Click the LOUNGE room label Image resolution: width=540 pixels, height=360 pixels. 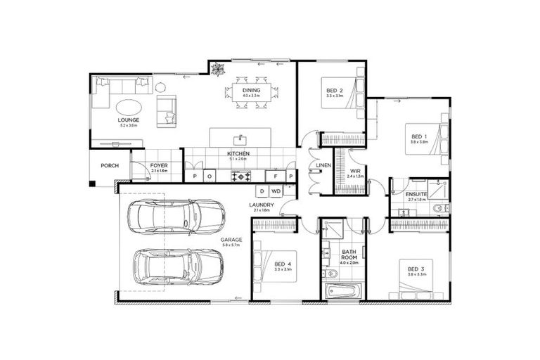coord(128,120)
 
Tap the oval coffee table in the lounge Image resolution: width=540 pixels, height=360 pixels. coord(128,107)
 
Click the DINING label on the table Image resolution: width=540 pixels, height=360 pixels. coord(251,91)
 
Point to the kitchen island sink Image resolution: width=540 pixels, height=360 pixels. coord(241,138)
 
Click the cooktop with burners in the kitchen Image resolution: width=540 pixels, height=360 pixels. coord(246,176)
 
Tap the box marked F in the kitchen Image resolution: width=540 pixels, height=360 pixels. coord(276,176)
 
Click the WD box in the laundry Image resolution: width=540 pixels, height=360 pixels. coord(276,191)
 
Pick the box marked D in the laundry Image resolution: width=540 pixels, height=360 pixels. coord(261,191)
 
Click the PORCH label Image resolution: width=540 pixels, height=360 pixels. coord(110,166)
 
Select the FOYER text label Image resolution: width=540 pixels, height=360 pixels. coord(159,166)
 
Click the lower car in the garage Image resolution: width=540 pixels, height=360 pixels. coord(176,266)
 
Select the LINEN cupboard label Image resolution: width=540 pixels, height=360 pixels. coord(323,166)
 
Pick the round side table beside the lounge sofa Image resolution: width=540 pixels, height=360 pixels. coord(160,87)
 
